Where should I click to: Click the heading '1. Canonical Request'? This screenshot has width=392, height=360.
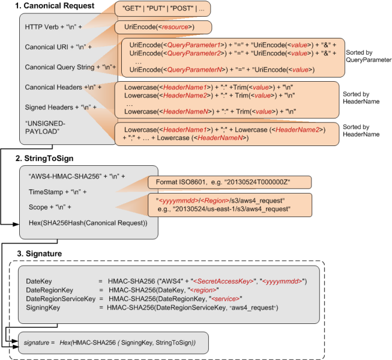tap(55, 5)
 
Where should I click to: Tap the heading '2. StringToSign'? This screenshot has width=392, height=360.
tap(44, 158)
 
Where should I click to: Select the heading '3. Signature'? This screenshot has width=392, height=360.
tap(39, 254)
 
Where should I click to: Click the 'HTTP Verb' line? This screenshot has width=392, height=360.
tap(53, 27)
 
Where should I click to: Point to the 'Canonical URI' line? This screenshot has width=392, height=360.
tap(58, 47)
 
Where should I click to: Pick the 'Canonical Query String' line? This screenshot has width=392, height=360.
tap(70, 67)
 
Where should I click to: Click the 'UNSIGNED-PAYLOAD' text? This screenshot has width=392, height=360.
tap(45, 127)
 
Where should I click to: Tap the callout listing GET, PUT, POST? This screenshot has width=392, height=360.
tap(163, 8)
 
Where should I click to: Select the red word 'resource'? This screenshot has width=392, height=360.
tap(175, 27)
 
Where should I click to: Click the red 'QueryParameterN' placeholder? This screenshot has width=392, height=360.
tap(194, 70)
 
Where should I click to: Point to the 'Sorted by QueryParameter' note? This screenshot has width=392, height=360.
tap(369, 56)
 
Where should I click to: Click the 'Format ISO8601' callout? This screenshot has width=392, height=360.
tap(229, 182)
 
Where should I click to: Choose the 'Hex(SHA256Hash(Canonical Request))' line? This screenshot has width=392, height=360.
tap(88, 223)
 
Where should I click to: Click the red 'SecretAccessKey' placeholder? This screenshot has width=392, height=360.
tap(223, 281)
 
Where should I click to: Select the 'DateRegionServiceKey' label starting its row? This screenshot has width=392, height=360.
tap(61, 299)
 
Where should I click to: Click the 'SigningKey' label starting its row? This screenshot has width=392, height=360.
tap(43, 308)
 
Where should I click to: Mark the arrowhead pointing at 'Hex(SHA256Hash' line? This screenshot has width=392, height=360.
tap(16, 224)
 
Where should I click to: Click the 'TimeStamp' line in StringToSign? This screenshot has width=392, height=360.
tap(58, 192)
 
